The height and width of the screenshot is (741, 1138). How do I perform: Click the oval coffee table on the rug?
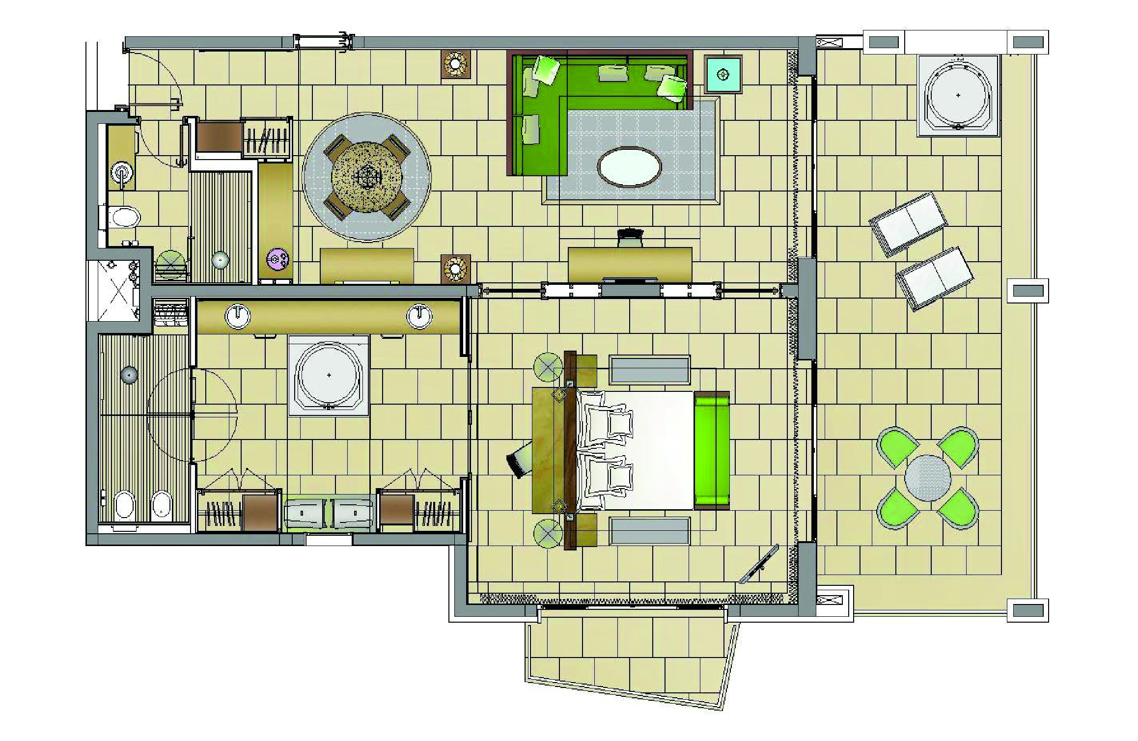[x=629, y=167]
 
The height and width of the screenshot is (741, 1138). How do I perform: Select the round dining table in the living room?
[x=367, y=177]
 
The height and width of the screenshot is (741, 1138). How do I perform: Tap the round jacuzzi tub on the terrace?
[x=958, y=95]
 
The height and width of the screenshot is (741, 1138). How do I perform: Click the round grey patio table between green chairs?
[x=927, y=478]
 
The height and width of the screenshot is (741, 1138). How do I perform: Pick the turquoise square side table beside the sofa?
[x=722, y=75]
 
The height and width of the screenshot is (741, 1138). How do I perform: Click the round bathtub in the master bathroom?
[x=329, y=375]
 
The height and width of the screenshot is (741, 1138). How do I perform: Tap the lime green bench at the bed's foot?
[x=712, y=450]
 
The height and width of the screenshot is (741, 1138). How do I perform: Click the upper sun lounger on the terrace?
[x=909, y=224]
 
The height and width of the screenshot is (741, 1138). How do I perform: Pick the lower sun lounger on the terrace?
[x=935, y=278]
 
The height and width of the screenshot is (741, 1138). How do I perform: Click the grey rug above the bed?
[x=649, y=370]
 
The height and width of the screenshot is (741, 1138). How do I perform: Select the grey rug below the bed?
[x=649, y=531]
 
